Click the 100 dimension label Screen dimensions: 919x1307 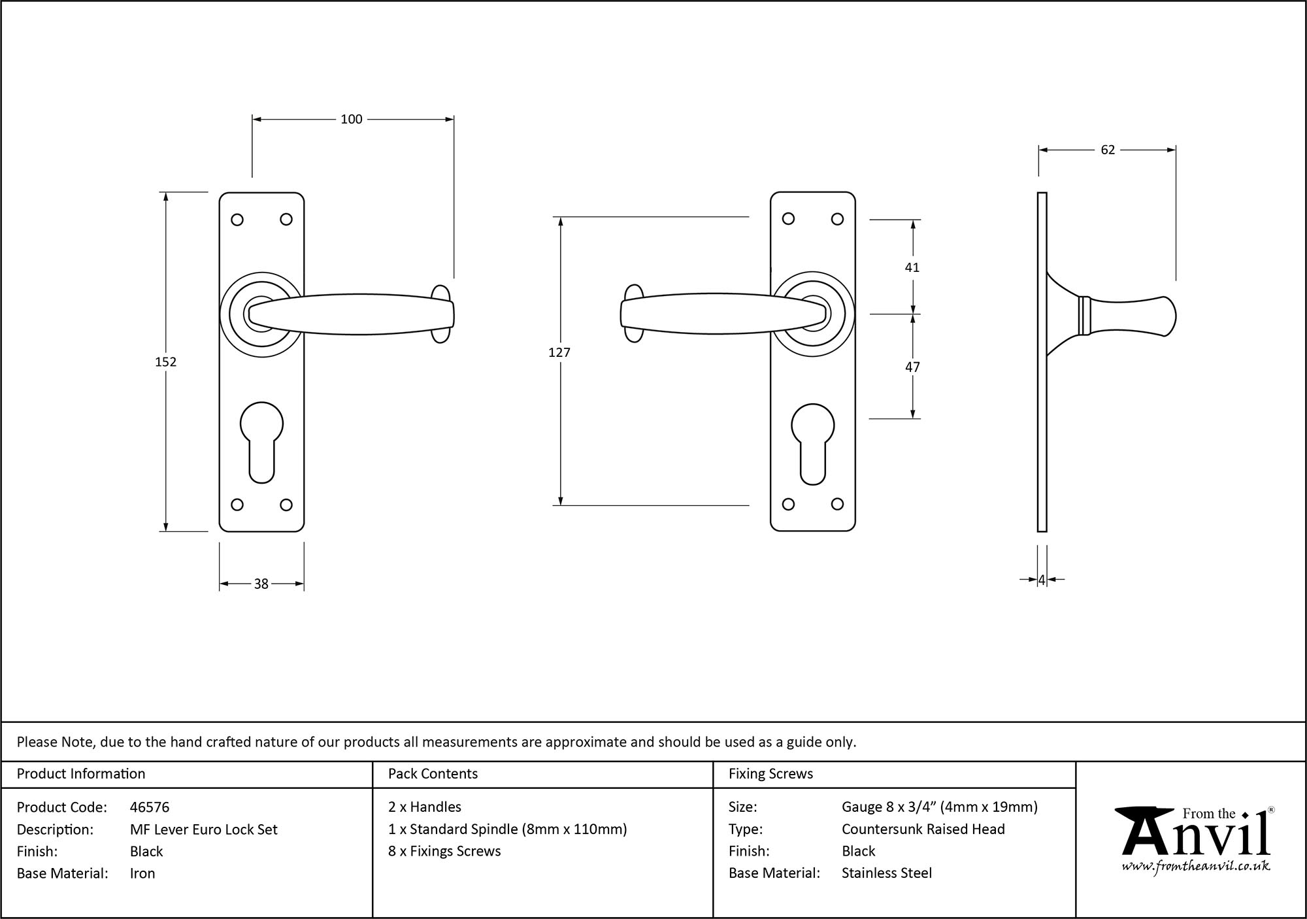pyautogui.click(x=351, y=119)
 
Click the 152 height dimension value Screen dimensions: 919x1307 pyautogui.click(x=165, y=361)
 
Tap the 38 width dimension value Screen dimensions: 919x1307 pyautogui.click(x=261, y=584)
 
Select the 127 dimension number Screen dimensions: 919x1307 pyautogui.click(x=559, y=352)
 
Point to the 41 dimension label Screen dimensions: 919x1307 pyautogui.click(x=912, y=267)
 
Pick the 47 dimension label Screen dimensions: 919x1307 pyautogui.click(x=912, y=367)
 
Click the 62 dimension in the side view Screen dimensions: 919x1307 pyautogui.click(x=1108, y=150)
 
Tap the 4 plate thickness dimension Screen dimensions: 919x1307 pyautogui.click(x=1042, y=579)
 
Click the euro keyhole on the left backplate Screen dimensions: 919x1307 pyautogui.click(x=261, y=442)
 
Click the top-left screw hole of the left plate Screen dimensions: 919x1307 pyautogui.click(x=237, y=220)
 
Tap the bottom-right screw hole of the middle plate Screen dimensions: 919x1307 pyautogui.click(x=837, y=504)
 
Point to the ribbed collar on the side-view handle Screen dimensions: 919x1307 pyautogui.click(x=1084, y=316)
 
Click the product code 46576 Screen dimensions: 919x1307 pyautogui.click(x=150, y=807)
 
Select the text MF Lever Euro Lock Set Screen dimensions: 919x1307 pyautogui.click(x=203, y=829)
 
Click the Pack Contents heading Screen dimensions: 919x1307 pyautogui.click(x=433, y=774)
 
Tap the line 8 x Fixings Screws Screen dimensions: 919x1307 pyautogui.click(x=444, y=851)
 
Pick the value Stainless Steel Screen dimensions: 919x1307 pyautogui.click(x=886, y=873)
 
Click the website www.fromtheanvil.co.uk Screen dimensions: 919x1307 pyautogui.click(x=1195, y=866)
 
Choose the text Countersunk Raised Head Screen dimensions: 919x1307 pyautogui.click(x=923, y=829)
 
